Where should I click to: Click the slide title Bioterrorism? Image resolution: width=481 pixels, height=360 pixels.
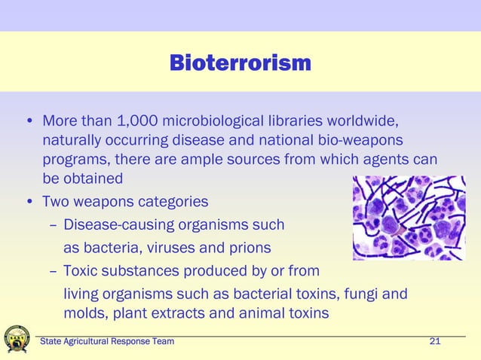pos(240,63)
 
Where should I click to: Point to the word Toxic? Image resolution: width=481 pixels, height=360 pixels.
pos(82,270)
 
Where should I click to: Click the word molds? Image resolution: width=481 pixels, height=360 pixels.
pos(84,313)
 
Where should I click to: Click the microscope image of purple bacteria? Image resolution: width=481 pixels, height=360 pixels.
pos(409,218)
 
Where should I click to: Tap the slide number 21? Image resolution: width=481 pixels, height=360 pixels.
pos(434,342)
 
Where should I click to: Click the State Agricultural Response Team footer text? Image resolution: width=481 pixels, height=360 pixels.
pos(107,342)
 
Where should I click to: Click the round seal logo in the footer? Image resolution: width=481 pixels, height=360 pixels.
pos(17,340)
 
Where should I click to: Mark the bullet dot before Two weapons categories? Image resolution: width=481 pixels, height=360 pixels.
pos(29,202)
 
